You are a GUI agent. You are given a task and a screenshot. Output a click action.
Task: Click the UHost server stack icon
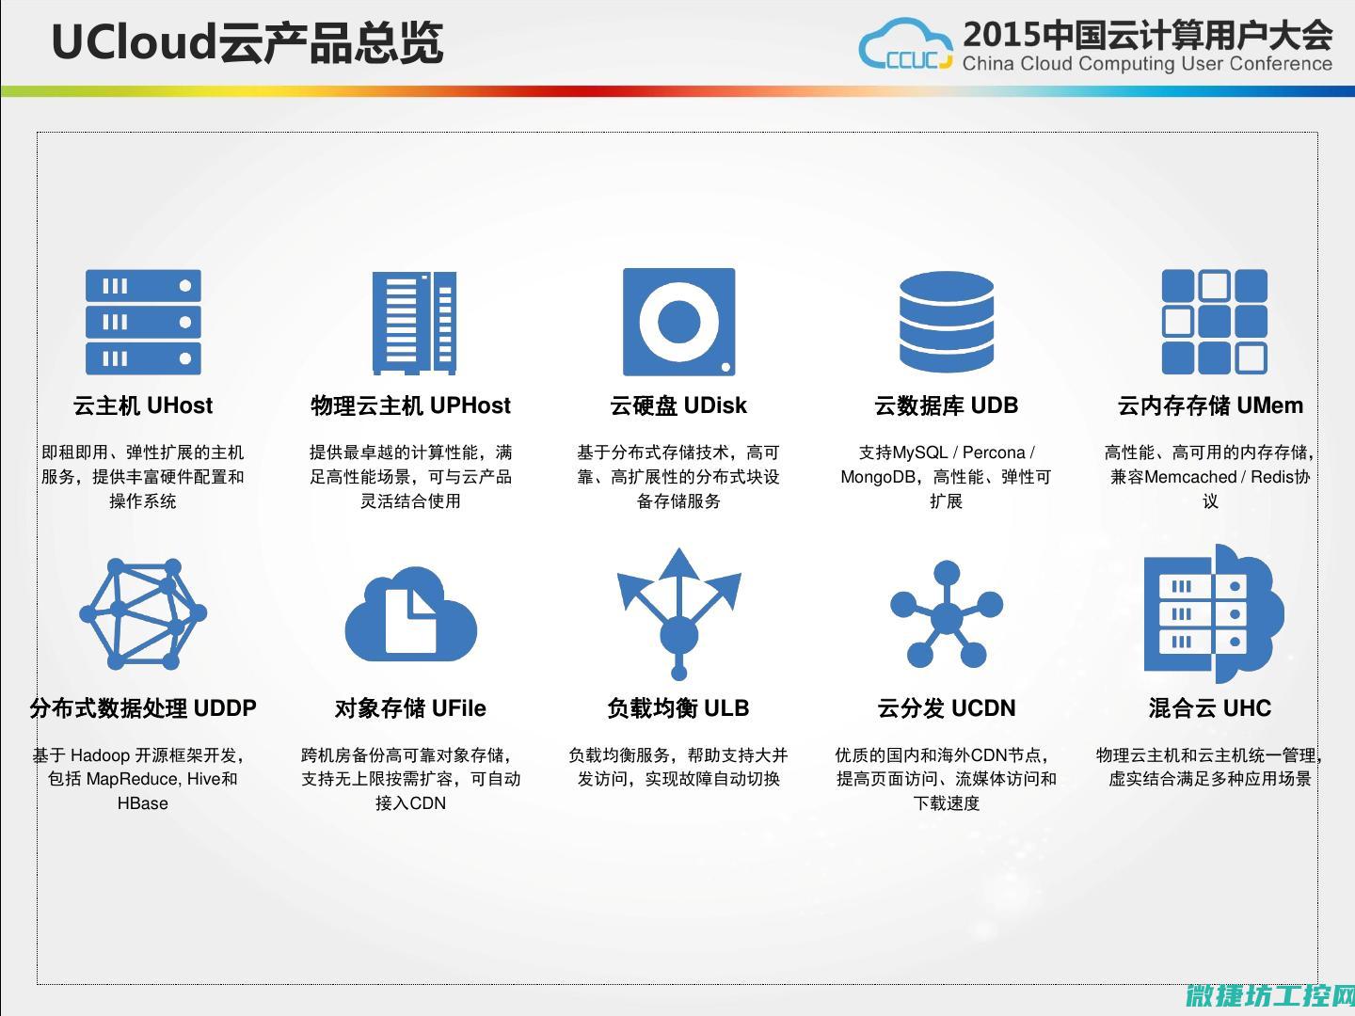[x=143, y=322]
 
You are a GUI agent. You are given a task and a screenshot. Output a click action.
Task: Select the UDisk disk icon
[x=679, y=322]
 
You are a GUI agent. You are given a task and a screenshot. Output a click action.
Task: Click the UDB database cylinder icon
[x=947, y=322]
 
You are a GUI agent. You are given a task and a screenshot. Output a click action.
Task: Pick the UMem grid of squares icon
[x=1214, y=322]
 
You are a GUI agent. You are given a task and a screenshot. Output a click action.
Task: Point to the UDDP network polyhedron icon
[x=143, y=613]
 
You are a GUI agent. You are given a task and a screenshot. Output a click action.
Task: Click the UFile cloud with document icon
[x=410, y=614]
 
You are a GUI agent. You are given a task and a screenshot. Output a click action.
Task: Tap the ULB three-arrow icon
[x=679, y=614]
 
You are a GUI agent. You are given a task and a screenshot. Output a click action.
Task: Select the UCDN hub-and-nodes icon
[x=947, y=613]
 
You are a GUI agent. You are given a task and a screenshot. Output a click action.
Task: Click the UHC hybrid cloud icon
[x=1214, y=613]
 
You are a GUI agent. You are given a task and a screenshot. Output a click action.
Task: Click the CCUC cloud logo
[x=905, y=43]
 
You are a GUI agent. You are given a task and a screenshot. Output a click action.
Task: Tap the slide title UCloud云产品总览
[x=247, y=42]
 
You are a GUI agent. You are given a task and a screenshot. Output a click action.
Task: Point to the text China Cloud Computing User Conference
[x=1147, y=64]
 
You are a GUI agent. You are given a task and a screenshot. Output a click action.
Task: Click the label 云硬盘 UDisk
[x=678, y=405]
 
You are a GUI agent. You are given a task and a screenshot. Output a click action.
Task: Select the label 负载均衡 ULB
[x=678, y=708]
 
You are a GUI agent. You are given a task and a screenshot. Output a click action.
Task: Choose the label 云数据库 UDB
[x=947, y=405]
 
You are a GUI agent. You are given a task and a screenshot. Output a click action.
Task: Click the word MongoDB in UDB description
[x=878, y=477]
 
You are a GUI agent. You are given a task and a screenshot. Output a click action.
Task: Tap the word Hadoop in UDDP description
[x=100, y=755]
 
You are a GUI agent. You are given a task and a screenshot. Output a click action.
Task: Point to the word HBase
[x=143, y=803]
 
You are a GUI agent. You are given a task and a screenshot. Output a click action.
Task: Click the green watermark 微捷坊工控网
[x=1269, y=996]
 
